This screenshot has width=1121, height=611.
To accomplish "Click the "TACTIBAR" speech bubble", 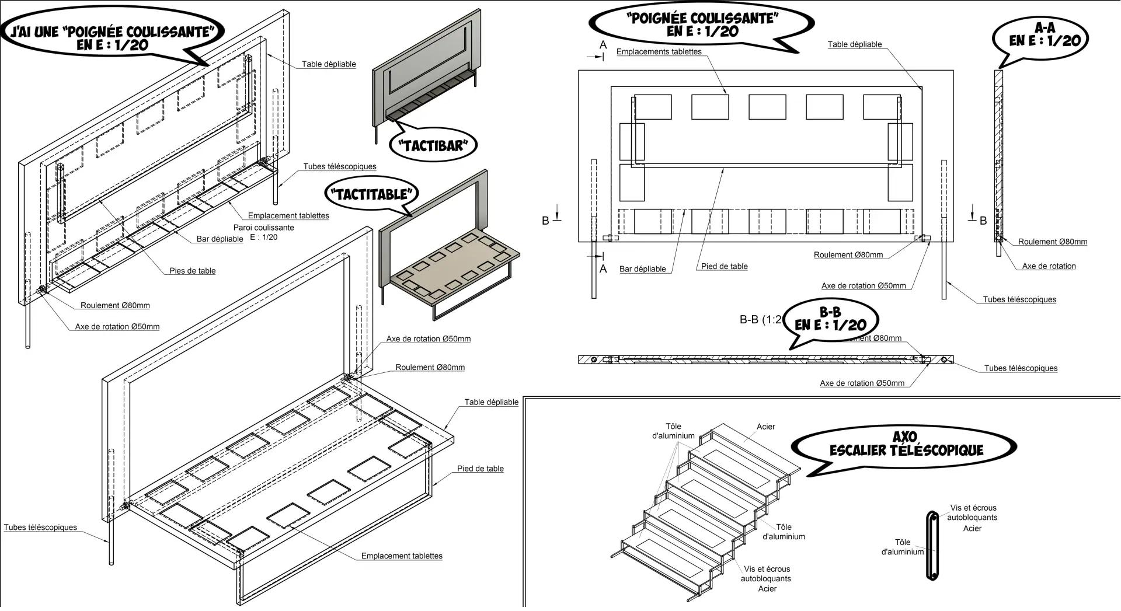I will pyautogui.click(x=433, y=145).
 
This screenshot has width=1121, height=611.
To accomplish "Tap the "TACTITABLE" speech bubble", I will pyautogui.click(x=371, y=194).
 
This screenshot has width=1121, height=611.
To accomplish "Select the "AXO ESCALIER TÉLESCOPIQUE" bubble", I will pyautogui.click(x=906, y=445).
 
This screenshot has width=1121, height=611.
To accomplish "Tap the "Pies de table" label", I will pyautogui.click(x=192, y=271).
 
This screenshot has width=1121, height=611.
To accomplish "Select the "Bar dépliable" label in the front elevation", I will pyautogui.click(x=642, y=269).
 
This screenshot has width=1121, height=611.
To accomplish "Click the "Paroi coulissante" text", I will pyautogui.click(x=263, y=228).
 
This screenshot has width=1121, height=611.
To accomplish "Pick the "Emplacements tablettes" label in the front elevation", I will pyautogui.click(x=659, y=52).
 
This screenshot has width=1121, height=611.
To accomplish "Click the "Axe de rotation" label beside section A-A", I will pyautogui.click(x=1049, y=266).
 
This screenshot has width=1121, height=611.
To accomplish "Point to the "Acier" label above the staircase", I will pyautogui.click(x=765, y=427).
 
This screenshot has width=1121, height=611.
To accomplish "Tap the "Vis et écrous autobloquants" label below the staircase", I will pyautogui.click(x=766, y=574).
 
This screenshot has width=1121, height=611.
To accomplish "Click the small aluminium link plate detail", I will pyautogui.click(x=932, y=546).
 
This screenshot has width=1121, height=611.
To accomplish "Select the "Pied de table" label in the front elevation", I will pyautogui.click(x=724, y=267).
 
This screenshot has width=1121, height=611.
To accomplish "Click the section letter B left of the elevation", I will pyautogui.click(x=545, y=221).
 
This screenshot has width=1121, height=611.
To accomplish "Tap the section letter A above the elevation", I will pyautogui.click(x=603, y=45).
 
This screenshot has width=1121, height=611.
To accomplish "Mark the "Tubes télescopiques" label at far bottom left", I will pyautogui.click(x=40, y=528).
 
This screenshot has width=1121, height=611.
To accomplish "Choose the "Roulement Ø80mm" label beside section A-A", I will pyautogui.click(x=1052, y=242).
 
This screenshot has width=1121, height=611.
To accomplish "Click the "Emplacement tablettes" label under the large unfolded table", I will pyautogui.click(x=402, y=556).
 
